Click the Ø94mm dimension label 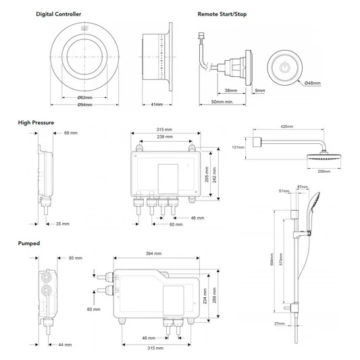tap(85, 105)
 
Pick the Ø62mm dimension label tap(85, 97)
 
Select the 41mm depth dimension tap(157, 105)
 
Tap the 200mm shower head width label tap(324, 172)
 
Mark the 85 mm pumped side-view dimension tap(74, 257)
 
